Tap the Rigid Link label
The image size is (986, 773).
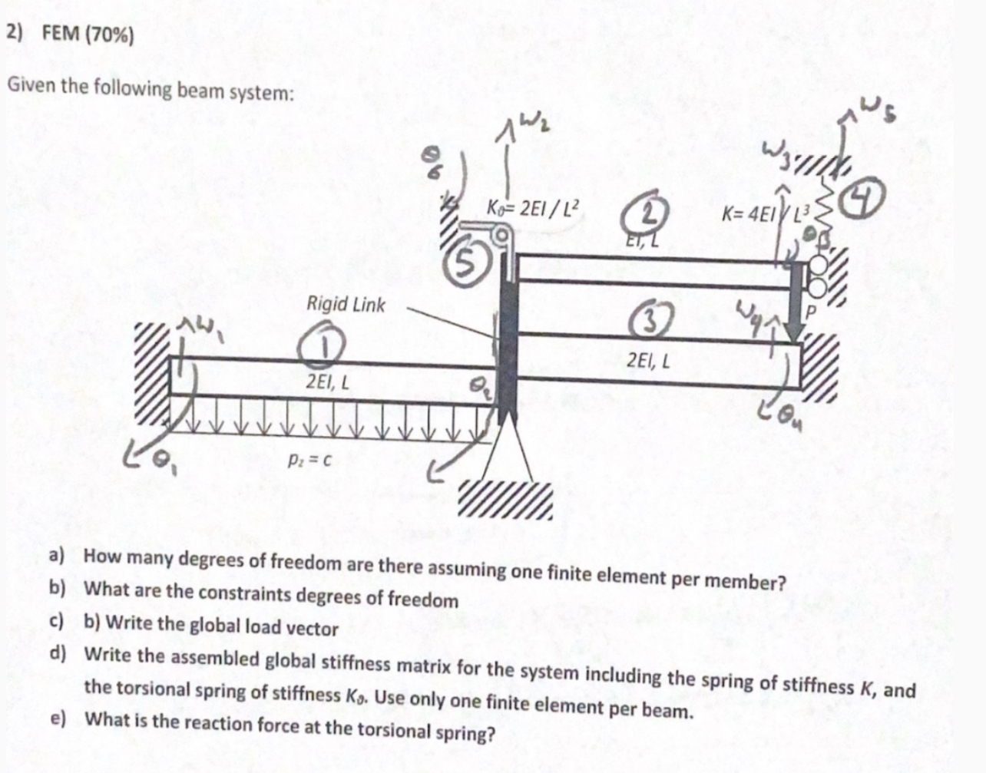tap(346, 304)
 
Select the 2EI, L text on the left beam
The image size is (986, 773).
tap(327, 382)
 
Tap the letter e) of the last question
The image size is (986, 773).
tap(57, 719)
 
